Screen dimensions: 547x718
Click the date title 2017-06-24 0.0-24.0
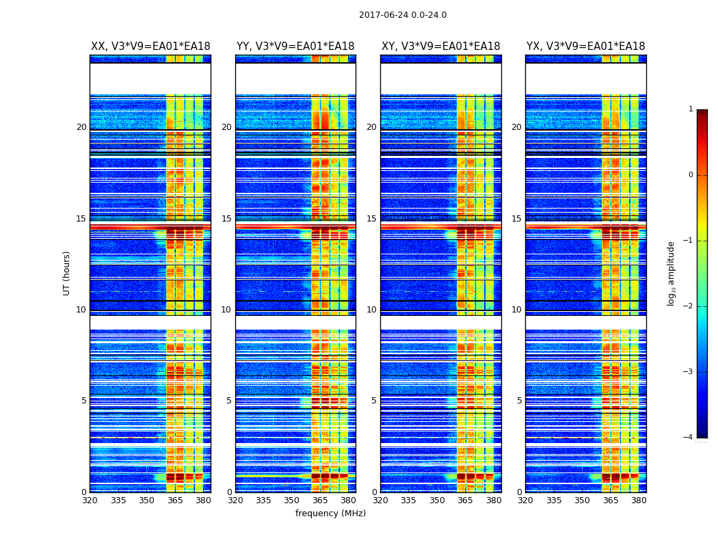403,15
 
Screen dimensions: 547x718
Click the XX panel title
150,46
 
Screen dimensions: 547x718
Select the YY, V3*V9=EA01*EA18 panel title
295,46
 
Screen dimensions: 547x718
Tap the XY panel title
440,46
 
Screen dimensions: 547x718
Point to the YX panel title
585,46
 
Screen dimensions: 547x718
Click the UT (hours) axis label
67,273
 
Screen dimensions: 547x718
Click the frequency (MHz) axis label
330,513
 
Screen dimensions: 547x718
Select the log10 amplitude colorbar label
672,273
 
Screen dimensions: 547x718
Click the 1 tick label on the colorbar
690,109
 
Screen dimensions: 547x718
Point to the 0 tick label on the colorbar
690,175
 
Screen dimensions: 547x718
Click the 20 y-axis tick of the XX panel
81,127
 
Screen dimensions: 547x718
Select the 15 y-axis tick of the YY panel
226,219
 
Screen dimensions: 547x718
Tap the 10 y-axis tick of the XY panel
371,310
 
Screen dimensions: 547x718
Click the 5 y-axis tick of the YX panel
519,401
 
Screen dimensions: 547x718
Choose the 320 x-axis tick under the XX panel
90,501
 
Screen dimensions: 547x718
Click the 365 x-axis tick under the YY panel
320,501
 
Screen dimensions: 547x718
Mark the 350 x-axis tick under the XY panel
437,501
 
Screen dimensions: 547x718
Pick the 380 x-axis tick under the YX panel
639,501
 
